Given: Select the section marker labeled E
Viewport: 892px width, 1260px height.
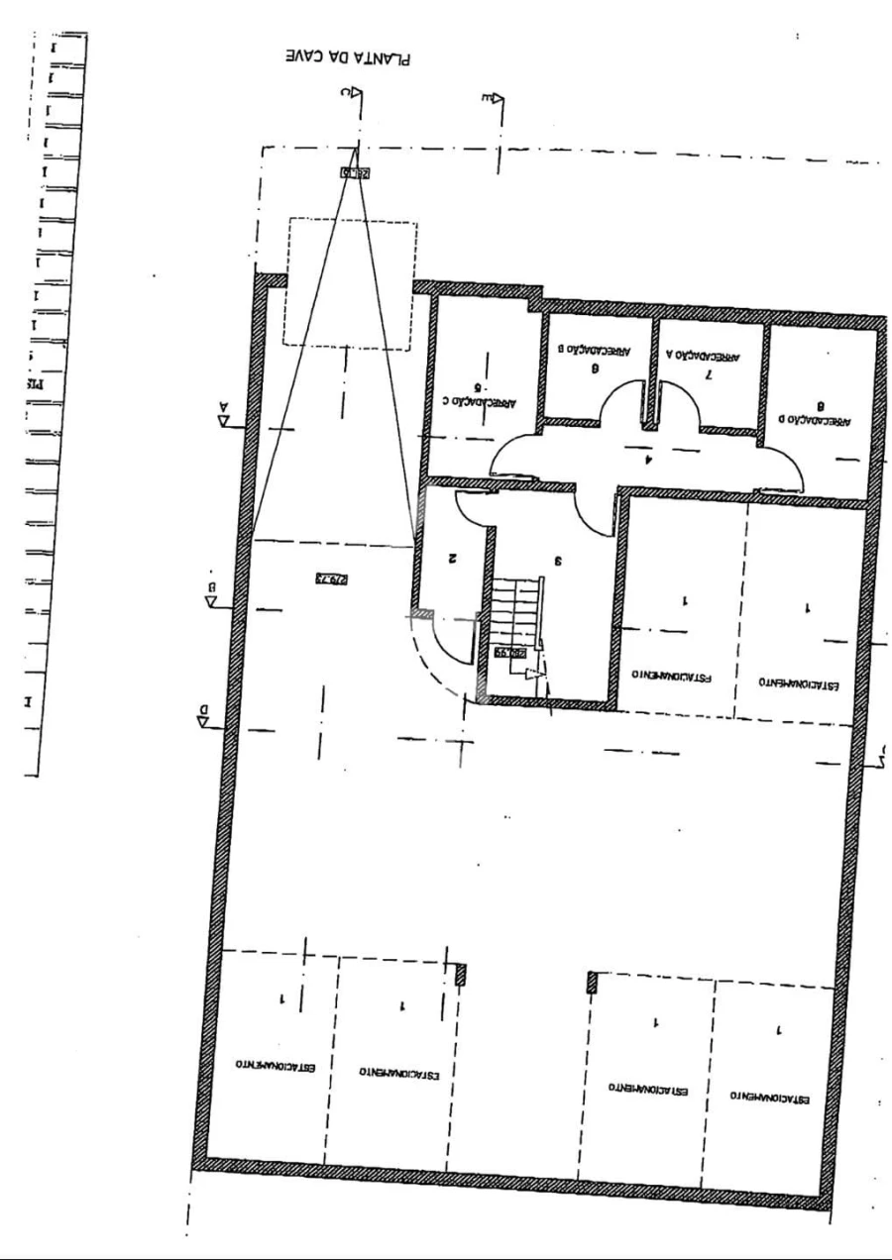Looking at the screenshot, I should point(493,98).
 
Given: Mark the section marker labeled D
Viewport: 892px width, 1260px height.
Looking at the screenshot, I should point(203,715).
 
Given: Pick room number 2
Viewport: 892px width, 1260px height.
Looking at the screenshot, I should point(452,558).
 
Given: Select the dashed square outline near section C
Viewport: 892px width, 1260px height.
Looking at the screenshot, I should point(351,282).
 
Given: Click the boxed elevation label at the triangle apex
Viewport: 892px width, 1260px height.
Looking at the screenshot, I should point(355,172).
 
